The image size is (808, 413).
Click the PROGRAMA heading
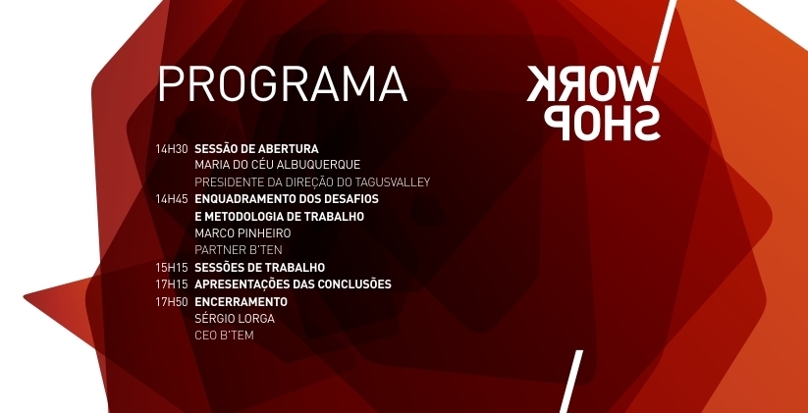tap(283, 84)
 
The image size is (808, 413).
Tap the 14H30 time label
tap(172, 149)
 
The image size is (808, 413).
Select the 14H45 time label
tap(172, 199)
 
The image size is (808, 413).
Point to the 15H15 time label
tap(172, 268)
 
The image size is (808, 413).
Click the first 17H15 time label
tap(172, 284)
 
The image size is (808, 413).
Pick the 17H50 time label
tap(172, 302)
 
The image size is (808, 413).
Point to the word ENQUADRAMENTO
tap(242, 199)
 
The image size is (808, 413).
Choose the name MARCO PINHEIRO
tap(242, 233)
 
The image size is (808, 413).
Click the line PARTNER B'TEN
tap(239, 250)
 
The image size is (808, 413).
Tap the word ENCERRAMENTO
tap(241, 302)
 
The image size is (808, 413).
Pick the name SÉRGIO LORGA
tap(235, 319)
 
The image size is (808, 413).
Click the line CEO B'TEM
tap(224, 336)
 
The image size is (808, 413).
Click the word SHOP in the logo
tap(602, 123)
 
